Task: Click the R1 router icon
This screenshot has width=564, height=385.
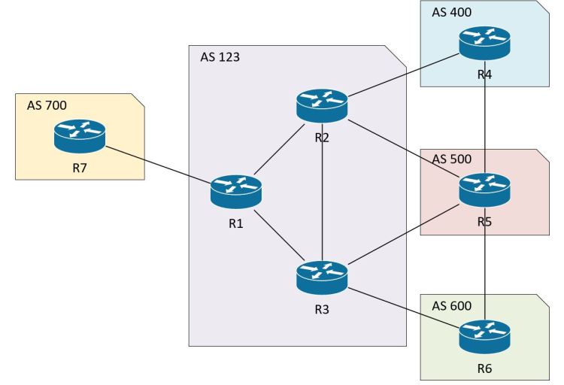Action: (236, 190)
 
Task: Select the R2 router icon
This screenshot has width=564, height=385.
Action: (322, 104)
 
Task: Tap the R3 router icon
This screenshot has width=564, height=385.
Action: (322, 277)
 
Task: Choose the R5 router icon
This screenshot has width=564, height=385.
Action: (484, 189)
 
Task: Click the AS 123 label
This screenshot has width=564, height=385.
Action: (220, 56)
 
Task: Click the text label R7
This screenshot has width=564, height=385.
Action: (80, 167)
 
